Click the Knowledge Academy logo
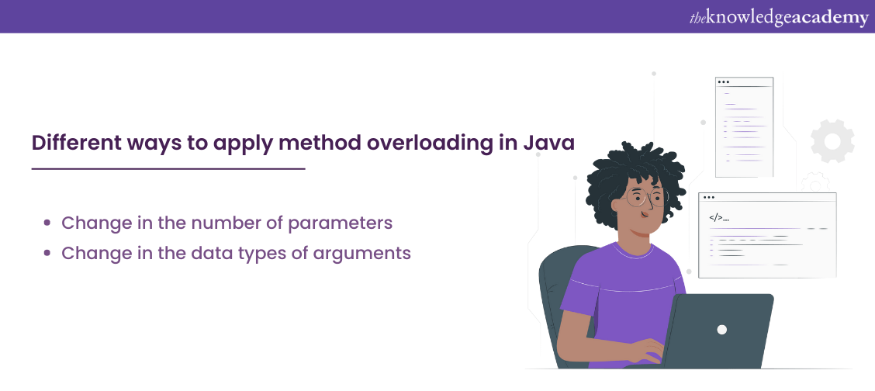click(x=778, y=17)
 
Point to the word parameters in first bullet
click(x=341, y=223)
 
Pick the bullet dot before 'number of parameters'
click(x=47, y=223)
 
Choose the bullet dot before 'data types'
click(x=47, y=254)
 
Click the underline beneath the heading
click(x=168, y=168)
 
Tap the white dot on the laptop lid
click(x=721, y=329)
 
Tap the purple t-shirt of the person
click(x=613, y=287)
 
